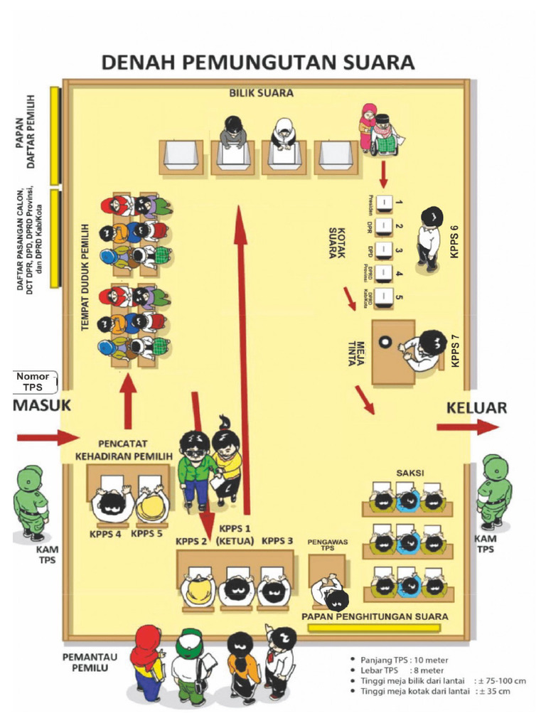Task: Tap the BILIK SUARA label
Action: point(261,93)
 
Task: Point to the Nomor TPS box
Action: point(32,382)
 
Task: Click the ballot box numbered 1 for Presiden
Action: point(385,203)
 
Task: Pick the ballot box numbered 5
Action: point(385,297)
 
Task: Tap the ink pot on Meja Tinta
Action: point(385,341)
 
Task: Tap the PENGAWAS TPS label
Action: point(326,545)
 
